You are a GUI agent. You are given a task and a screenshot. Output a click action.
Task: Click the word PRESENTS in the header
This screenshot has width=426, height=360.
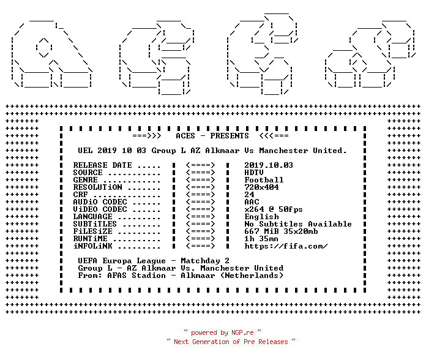(x=230, y=136)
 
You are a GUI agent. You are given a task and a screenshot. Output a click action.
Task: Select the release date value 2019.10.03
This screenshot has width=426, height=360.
(x=269, y=165)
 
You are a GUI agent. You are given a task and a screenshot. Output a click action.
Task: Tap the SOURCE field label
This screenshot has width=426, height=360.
(x=88, y=173)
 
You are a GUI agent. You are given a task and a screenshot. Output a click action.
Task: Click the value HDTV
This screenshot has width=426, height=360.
(x=254, y=173)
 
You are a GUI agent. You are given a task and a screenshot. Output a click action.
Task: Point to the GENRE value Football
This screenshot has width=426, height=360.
(x=264, y=180)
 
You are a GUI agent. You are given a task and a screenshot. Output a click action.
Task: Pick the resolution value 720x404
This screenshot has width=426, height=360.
(x=261, y=187)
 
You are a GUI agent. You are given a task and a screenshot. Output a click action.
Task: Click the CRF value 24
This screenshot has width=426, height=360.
(x=249, y=195)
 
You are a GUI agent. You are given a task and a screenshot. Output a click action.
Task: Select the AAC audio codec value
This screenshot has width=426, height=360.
(x=252, y=202)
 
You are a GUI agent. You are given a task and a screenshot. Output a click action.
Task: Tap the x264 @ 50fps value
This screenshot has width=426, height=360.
(x=274, y=209)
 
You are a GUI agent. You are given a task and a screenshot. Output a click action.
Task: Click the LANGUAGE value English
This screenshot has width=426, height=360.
(x=261, y=217)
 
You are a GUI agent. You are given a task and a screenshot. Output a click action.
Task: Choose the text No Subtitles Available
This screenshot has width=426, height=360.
(x=298, y=224)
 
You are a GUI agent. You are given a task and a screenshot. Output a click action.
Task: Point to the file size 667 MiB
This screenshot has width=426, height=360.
(x=261, y=231)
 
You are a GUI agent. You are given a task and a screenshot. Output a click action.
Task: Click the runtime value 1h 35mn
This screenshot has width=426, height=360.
(x=261, y=239)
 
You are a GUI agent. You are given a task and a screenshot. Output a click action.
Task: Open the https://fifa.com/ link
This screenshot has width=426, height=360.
(x=286, y=246)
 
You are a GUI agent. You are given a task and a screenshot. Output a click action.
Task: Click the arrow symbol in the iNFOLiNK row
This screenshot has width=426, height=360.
(x=201, y=246)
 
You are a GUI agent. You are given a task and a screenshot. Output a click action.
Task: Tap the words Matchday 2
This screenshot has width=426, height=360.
(x=205, y=261)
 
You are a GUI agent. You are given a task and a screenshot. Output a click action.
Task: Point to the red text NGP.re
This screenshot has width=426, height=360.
(x=242, y=332)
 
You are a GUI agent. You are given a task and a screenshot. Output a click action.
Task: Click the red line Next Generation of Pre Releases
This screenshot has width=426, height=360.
(x=231, y=342)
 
